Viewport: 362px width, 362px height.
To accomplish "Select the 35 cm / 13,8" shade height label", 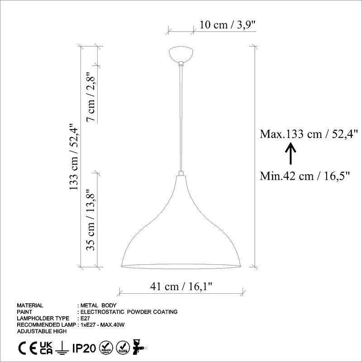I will pos(91,220).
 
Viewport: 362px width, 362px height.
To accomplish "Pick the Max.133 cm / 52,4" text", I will pos(309,134).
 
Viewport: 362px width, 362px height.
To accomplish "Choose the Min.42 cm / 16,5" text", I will pos(306,176).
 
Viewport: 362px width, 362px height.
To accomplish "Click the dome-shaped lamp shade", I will pos(181,231).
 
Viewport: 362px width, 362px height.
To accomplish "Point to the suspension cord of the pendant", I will pos(181,118).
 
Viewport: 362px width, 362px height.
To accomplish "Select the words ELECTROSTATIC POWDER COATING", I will pos(129,312).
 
